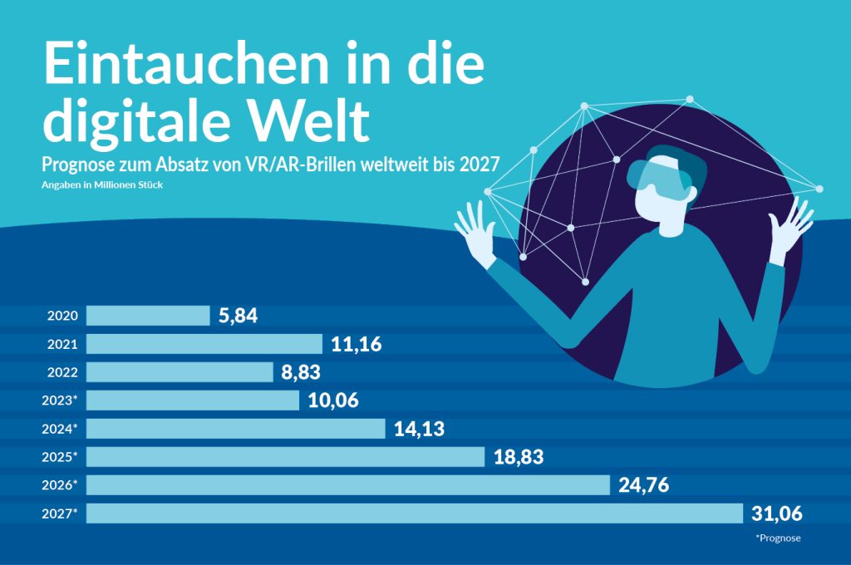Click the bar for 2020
pos(148,316)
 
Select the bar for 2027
pos(414,513)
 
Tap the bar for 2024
pos(236,429)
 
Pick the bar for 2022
pos(180,372)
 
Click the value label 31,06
pos(777,514)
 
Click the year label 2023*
pos(59,400)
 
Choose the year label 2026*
pos(59,485)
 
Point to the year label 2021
pos(62,344)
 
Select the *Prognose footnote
pos(779,538)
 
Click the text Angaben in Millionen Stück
pos(101,184)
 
